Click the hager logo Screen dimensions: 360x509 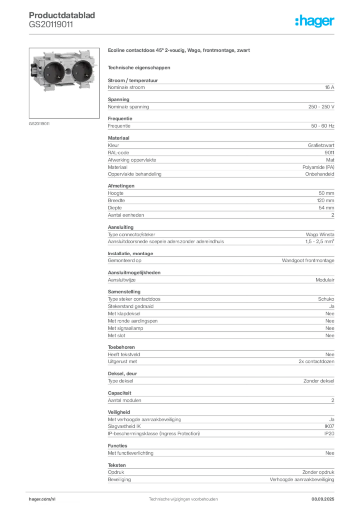coord(315,21)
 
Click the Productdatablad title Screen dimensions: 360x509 coord(62,15)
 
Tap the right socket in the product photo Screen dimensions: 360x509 coord(82,70)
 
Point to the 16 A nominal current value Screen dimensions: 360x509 coord(330,87)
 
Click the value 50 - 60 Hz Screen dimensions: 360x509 coord(323,126)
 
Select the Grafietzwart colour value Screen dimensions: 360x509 coord(321,145)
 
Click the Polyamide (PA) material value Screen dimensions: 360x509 coord(318,167)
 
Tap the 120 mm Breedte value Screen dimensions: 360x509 coord(326,200)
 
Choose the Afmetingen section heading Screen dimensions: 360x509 coord(121,186)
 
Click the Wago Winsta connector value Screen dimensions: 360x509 coord(320,234)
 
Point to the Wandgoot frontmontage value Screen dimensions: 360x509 coord(308,260)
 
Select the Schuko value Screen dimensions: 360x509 coord(326,299)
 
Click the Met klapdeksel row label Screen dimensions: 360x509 coord(124,313)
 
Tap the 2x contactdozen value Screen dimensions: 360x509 coord(317,361)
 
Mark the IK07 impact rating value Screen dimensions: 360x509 coord(329,426)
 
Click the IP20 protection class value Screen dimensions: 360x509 coord(329,433)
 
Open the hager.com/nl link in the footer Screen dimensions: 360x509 coord(42,499)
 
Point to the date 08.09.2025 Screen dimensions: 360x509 coord(323,499)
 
